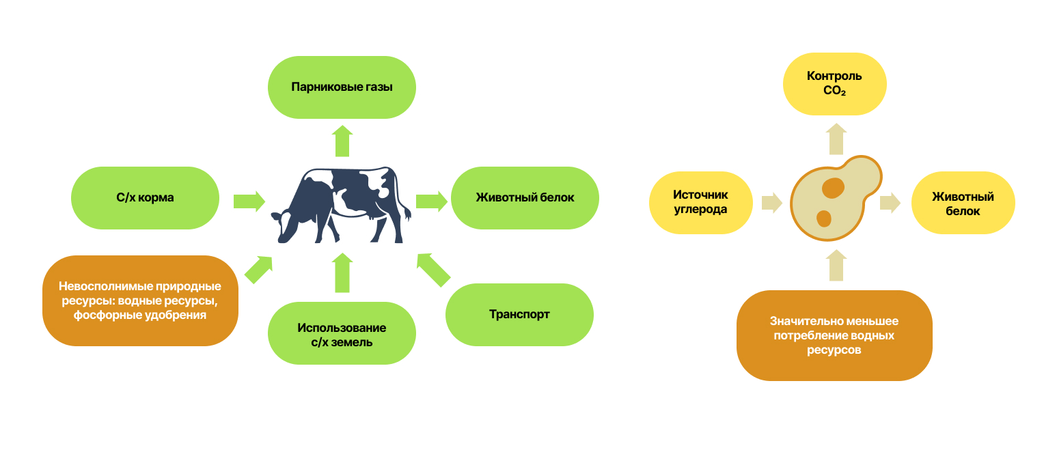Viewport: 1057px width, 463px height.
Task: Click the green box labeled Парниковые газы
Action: [342, 87]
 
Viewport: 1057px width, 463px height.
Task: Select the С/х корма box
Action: [145, 198]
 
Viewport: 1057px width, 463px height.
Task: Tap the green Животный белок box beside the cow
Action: [525, 198]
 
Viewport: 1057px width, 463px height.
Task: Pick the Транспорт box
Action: [519, 315]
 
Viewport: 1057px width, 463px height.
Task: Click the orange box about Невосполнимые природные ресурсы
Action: [140, 301]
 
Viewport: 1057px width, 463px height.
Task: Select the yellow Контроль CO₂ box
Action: [834, 83]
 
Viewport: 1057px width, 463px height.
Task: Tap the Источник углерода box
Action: [700, 203]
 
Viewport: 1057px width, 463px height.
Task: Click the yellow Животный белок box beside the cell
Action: [963, 204]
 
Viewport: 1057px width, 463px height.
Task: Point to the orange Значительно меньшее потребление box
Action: [834, 335]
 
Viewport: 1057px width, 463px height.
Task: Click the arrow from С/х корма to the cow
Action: [249, 201]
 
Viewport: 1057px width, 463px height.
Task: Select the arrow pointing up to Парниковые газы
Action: [342, 141]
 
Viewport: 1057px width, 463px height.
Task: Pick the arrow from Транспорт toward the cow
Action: [433, 269]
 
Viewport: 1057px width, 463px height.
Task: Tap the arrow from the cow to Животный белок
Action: [431, 201]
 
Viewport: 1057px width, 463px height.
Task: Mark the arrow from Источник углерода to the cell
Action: [771, 203]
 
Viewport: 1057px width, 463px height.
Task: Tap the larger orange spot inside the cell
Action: [832, 188]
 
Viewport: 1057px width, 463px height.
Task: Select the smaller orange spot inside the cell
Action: [823, 219]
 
